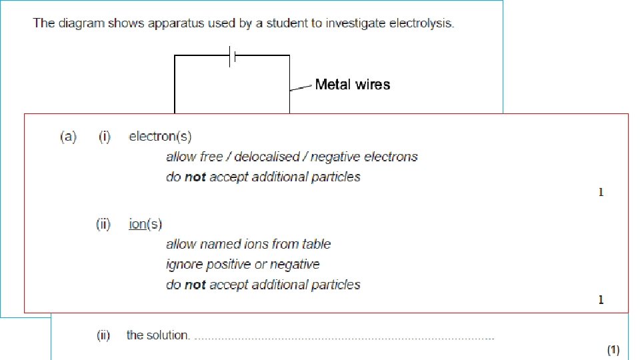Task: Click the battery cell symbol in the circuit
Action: pos(232,56)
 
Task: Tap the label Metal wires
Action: pos(352,85)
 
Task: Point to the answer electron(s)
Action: pos(160,137)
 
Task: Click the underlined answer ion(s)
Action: pos(145,224)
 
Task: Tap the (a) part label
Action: pos(69,137)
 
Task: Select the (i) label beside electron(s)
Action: pos(105,137)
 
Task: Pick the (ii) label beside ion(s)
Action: pos(103,224)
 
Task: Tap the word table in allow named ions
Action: pos(316,245)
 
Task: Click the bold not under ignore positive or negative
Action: pos(195,285)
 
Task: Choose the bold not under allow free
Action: pos(195,177)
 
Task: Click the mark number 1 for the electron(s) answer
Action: pos(601,193)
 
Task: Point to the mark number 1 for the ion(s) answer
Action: pos(601,300)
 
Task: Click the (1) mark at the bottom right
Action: pos(613,349)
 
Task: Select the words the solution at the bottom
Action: pos(158,335)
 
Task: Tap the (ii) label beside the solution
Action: pos(103,335)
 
